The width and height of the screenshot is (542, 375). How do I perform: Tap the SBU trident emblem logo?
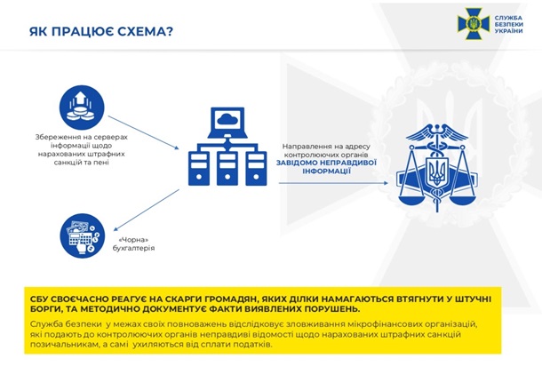(x=471, y=22)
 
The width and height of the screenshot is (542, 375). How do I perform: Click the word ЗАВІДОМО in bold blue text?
(x=299, y=162)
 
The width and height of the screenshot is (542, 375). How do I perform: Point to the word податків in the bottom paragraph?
(x=253, y=346)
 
